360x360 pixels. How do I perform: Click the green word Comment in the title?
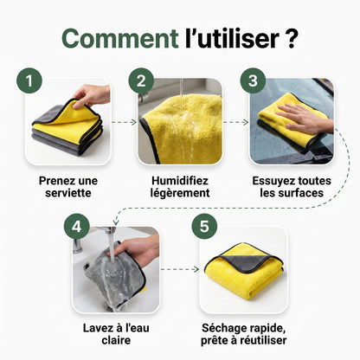(x=120, y=38)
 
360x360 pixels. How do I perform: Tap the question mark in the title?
(x=291, y=39)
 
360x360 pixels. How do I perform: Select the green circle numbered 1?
(x=29, y=80)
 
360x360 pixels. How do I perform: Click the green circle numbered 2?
(x=141, y=80)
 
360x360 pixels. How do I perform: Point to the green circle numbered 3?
(x=253, y=80)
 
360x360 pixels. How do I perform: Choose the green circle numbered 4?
(x=76, y=227)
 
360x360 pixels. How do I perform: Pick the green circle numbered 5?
(x=204, y=227)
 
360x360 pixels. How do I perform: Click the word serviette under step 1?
(x=68, y=193)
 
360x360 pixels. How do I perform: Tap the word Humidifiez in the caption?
(x=180, y=181)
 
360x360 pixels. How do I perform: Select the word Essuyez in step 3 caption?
(x=270, y=181)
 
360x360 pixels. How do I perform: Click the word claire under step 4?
(x=116, y=340)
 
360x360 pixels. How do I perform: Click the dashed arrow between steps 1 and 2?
(x=124, y=122)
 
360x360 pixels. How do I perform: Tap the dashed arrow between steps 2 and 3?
(x=236, y=122)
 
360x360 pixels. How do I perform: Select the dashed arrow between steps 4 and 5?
(x=180, y=269)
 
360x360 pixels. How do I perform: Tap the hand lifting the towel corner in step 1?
(x=92, y=96)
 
